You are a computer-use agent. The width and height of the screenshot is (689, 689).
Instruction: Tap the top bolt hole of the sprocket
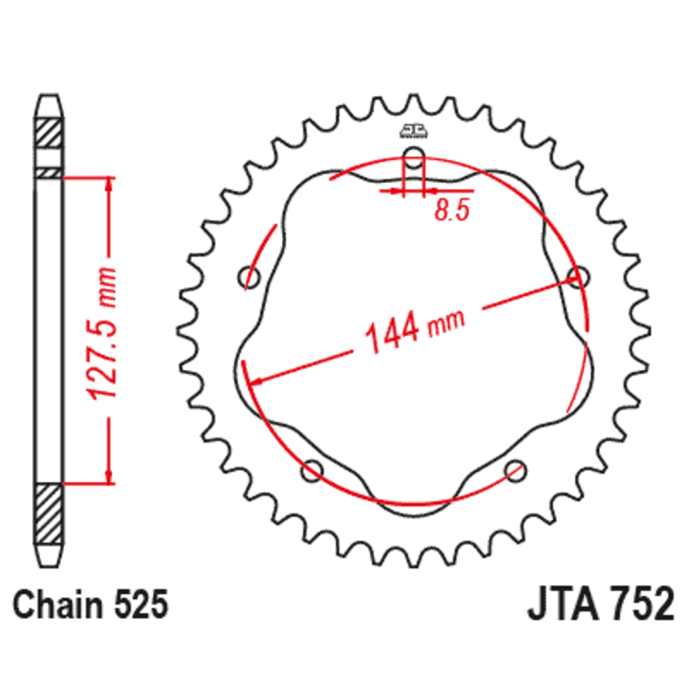point(413,158)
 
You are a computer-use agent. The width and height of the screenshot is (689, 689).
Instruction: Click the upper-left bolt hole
point(251,277)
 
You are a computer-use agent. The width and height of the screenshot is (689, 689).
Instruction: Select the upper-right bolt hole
point(578,276)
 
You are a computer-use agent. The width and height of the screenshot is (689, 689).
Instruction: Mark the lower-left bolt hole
point(313,469)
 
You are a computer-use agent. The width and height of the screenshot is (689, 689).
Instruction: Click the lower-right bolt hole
point(515,469)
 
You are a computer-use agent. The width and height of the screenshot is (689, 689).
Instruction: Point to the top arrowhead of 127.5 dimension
point(109,185)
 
